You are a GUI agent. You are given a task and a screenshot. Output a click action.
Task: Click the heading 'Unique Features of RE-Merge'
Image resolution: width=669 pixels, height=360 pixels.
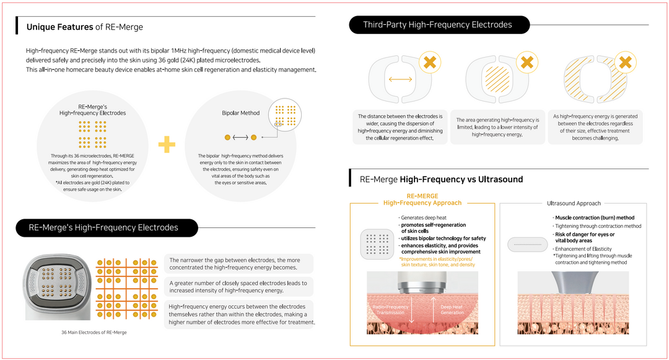[84, 27]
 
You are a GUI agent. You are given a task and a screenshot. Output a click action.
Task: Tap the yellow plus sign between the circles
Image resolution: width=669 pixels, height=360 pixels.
[167, 144]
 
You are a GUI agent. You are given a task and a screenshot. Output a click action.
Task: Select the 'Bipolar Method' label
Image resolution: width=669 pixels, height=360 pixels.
[240, 113]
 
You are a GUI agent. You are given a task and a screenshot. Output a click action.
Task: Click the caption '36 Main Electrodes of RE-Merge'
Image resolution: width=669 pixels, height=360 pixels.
[94, 333]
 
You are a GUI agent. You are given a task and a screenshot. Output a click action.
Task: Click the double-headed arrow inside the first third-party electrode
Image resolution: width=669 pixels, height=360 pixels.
[400, 79]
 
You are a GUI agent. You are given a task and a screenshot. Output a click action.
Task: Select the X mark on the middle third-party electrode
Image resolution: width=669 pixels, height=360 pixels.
[527, 62]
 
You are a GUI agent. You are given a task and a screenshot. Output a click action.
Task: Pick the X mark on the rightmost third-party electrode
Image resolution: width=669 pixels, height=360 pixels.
[625, 62]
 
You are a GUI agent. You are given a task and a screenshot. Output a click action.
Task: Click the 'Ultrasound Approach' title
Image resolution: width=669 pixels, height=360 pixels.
[573, 203]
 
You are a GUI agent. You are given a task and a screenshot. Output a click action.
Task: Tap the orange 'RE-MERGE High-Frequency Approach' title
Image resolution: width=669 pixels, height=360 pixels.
[422, 200]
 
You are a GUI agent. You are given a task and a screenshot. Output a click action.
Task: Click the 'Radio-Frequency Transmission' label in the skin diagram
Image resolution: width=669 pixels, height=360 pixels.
[390, 309]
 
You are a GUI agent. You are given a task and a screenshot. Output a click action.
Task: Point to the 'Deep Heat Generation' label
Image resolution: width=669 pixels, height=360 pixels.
[452, 309]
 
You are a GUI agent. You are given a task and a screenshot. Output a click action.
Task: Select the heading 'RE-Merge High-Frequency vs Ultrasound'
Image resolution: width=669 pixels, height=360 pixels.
[441, 180]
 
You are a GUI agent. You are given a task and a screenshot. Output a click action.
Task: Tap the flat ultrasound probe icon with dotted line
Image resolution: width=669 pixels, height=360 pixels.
[527, 245]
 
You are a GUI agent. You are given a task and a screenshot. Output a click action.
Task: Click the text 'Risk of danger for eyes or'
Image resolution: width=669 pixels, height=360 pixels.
[585, 234]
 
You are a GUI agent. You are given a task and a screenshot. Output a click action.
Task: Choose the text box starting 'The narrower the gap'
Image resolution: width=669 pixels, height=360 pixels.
[238, 263]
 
